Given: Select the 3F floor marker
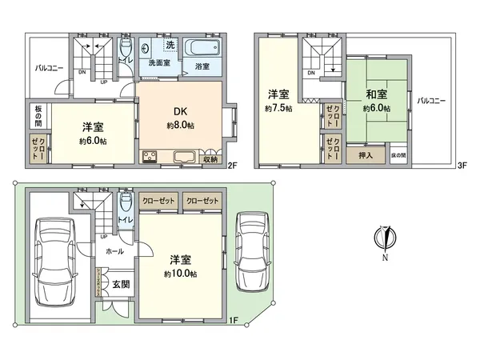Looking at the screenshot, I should point(461,166).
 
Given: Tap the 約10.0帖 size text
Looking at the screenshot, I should point(179,272).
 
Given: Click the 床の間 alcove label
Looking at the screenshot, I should point(398,154).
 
